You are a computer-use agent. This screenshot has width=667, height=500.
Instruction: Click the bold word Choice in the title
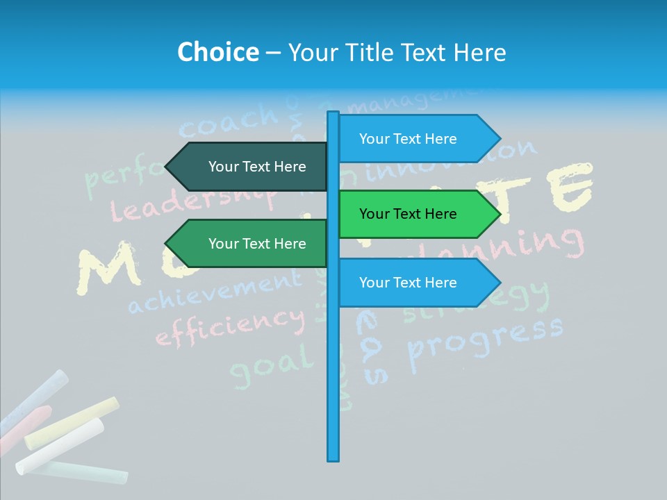point(217,52)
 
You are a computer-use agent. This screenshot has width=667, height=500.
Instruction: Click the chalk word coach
point(229,122)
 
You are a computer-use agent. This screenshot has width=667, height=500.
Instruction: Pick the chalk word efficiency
point(229,326)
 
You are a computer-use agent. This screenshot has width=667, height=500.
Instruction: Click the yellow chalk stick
point(72,423)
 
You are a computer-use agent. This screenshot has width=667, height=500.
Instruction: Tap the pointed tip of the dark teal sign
point(167,167)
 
